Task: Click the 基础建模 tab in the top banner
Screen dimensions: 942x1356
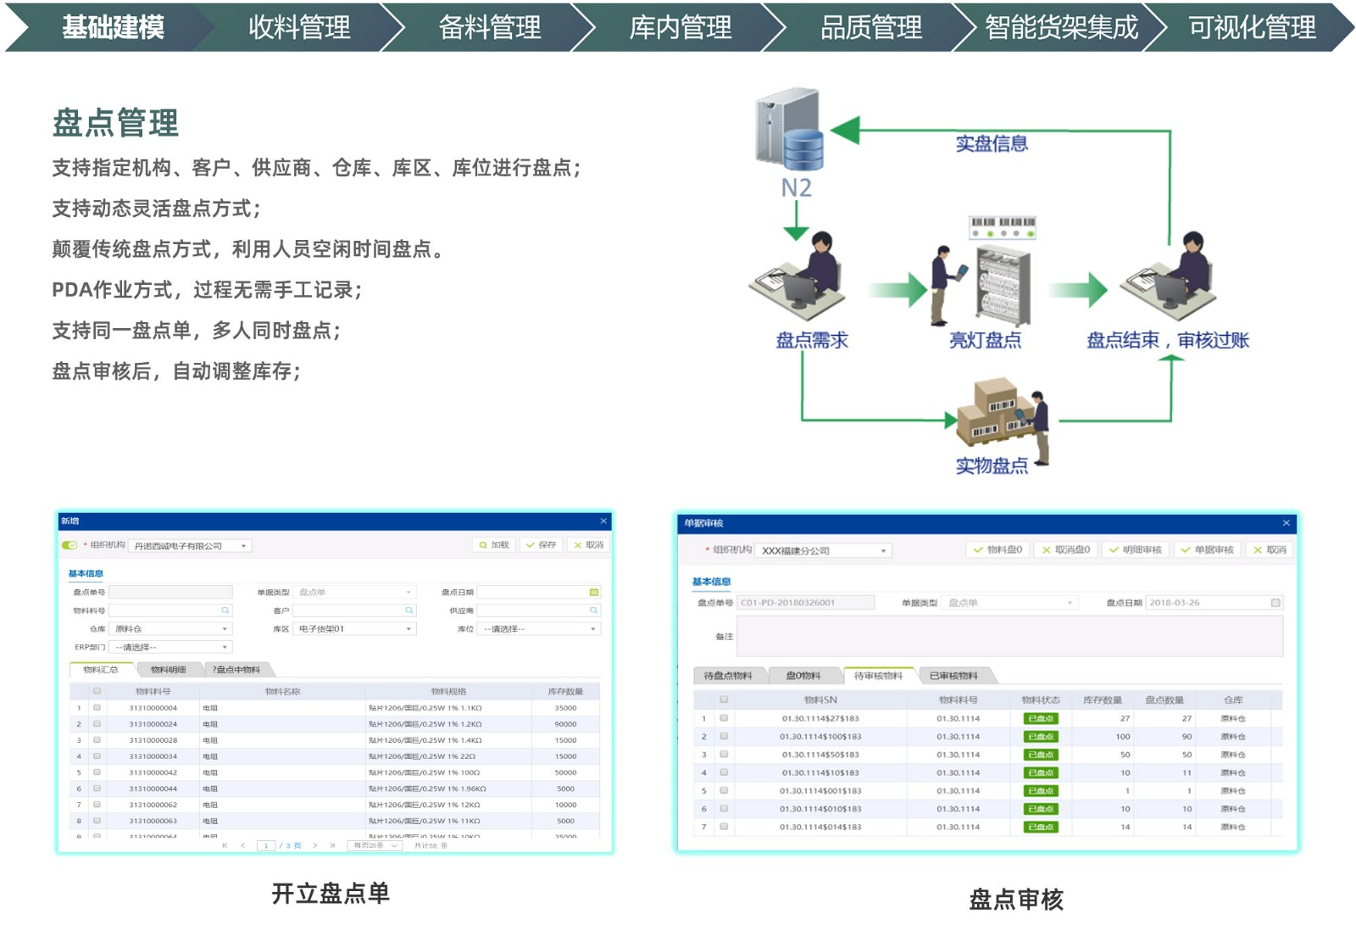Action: pos(113,28)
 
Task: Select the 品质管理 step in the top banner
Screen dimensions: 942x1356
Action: pos(870,28)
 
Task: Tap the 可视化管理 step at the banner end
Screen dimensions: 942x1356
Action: pos(1251,28)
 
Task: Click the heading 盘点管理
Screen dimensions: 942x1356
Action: pos(115,124)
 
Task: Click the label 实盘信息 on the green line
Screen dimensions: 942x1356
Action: pos(992,144)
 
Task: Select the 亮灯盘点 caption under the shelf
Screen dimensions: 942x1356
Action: pos(985,341)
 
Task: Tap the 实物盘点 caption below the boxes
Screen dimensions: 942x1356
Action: pos(992,465)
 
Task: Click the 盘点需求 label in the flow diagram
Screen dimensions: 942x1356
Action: pos(812,341)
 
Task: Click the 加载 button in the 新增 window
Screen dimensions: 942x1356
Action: pos(494,545)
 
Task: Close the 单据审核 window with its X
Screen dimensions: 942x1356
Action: pos(1286,523)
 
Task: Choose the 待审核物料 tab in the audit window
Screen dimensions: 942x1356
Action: pos(878,676)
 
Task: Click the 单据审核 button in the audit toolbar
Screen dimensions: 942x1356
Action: pos(1208,550)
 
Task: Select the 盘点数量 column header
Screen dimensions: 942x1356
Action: pos(1164,700)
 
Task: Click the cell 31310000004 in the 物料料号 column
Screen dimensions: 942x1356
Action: pos(153,708)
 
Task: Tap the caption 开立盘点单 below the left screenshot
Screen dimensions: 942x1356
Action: pos(331,893)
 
